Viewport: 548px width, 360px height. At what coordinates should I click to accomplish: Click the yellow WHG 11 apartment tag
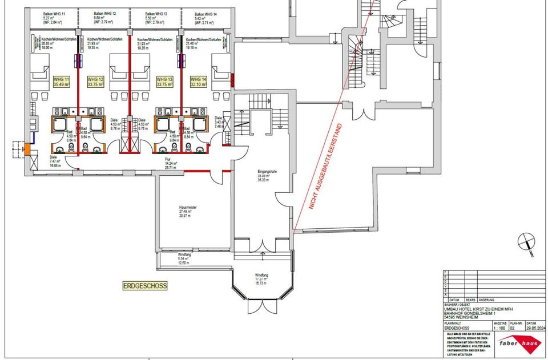pyautogui.click(x=61, y=82)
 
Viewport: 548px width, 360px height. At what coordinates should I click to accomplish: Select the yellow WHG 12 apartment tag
pyautogui.click(x=95, y=82)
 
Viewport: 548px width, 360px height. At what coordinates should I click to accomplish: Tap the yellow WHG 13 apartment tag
pyautogui.click(x=164, y=82)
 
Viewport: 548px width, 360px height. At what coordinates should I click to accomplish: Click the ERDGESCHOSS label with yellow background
pyautogui.click(x=145, y=285)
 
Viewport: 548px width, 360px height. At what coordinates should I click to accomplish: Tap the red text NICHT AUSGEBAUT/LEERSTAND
pyautogui.click(x=325, y=167)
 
